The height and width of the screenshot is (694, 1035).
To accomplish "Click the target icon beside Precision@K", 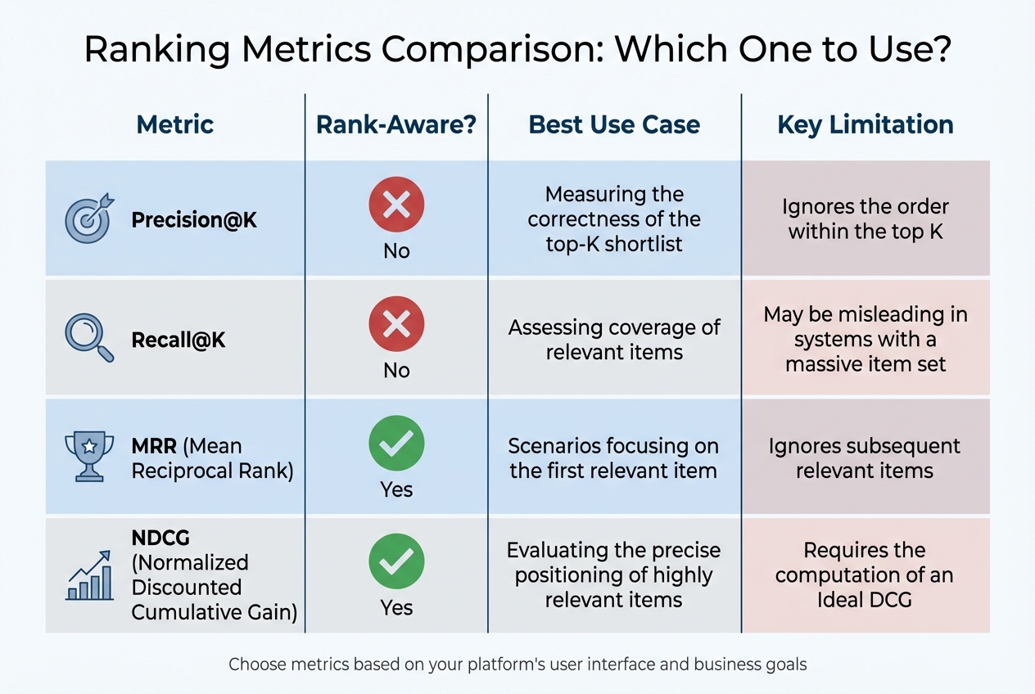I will pos(88,219).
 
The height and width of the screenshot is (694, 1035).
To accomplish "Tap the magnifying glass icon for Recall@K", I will pos(88,338).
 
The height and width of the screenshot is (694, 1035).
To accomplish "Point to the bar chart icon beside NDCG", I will pos(89,576).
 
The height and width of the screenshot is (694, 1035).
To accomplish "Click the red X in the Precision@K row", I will pos(396,204).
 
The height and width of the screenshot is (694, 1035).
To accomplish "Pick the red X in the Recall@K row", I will pos(396,323).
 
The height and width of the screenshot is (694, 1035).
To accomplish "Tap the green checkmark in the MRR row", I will pos(396,443).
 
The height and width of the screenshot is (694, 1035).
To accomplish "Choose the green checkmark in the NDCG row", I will pos(396,561).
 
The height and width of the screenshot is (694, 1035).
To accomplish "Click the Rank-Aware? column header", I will pos(396,124).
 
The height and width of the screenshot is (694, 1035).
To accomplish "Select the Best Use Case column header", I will pos(614,124).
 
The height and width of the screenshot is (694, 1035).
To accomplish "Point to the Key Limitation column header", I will pos(865,124).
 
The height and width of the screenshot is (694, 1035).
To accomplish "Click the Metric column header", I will pos(175,124).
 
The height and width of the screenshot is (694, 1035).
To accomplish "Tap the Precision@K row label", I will pos(194,220).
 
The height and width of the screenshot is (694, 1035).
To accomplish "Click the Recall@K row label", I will pos(179,340).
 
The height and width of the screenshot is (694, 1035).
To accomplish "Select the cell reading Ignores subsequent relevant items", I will pos(865,458).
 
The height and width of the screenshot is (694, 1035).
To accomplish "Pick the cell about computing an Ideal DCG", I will pos(865,575).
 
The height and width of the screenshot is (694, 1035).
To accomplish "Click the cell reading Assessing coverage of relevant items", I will pos(614,340).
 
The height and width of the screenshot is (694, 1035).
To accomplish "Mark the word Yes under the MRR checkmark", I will pos(396,489).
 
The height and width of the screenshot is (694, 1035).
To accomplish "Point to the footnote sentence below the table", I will pos(517,664).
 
